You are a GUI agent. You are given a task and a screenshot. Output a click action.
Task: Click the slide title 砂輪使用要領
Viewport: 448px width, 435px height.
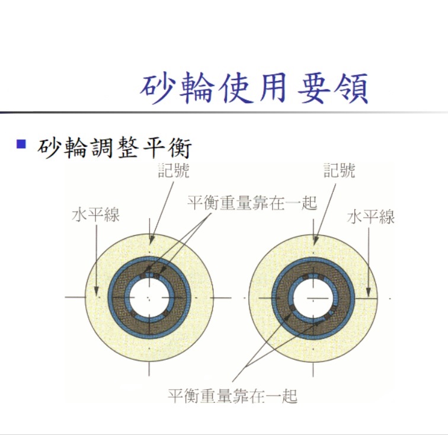[x=254, y=88]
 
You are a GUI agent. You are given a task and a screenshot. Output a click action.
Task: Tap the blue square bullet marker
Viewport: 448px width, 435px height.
[x=21, y=144]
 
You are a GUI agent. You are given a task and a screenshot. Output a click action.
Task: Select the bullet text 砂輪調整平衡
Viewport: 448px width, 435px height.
[x=114, y=148]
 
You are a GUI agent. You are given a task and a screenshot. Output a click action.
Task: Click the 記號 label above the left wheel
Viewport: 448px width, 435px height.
[x=174, y=170]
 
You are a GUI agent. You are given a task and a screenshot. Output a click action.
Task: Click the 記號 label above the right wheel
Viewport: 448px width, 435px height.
[x=340, y=170]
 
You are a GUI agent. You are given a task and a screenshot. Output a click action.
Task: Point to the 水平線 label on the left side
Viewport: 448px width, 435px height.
[x=95, y=215]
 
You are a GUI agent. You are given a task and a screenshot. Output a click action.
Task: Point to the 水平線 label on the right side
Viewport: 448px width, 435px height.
[x=370, y=217]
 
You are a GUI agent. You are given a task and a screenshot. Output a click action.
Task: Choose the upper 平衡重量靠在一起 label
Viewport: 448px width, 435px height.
[x=252, y=203]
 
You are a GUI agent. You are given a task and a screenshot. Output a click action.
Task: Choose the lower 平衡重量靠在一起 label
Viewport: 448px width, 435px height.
[x=232, y=396]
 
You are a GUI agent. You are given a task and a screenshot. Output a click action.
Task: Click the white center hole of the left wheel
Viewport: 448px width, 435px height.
[x=149, y=298]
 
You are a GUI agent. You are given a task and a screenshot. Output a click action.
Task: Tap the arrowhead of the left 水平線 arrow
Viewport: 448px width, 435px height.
[x=97, y=292]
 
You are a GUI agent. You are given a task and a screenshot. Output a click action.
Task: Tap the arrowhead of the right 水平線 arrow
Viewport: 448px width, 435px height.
[x=369, y=292]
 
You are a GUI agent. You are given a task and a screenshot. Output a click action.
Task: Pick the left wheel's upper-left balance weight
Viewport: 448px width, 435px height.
[x=142, y=276]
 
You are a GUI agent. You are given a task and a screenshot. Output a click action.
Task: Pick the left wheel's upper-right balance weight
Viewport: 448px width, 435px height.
[x=157, y=276]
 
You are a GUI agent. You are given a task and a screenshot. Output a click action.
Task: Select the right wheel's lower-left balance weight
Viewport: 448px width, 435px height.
[x=292, y=308]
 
